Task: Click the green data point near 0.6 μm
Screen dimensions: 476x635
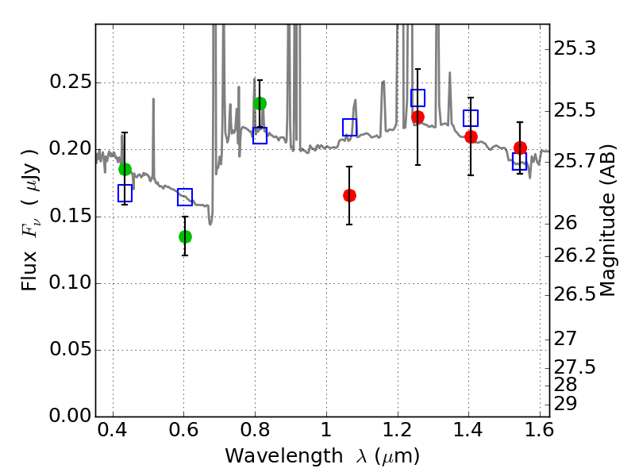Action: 185,236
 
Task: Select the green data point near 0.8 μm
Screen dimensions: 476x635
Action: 260,103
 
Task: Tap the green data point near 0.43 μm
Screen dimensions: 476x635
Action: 125,169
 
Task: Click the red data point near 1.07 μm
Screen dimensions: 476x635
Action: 349,195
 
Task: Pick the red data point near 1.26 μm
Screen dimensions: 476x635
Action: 418,117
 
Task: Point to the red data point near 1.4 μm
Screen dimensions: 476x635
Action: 471,136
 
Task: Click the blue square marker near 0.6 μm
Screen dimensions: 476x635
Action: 185,198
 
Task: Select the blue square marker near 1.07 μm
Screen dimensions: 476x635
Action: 349,127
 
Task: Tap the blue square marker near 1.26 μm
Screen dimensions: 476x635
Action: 418,98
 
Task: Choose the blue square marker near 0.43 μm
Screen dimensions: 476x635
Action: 125,193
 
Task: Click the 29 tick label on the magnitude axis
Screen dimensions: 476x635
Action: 569,404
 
